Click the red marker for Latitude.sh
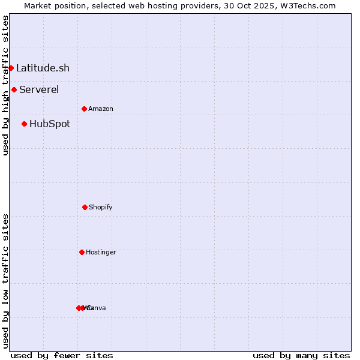point(11,68)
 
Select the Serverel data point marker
point(14,90)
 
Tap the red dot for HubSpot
point(24,124)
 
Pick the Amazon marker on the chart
point(84,109)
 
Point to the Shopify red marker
point(85,207)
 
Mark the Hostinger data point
point(82,252)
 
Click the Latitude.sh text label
point(43,68)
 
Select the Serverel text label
point(39,90)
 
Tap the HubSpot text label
point(50,124)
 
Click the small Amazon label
point(101,109)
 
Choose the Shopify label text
point(101,207)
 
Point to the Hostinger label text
point(101,252)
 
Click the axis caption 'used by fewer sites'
point(62,355)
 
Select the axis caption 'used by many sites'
point(301,355)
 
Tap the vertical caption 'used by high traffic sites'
point(5,85)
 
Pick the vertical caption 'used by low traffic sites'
point(5,281)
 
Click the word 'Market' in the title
point(37,5)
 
